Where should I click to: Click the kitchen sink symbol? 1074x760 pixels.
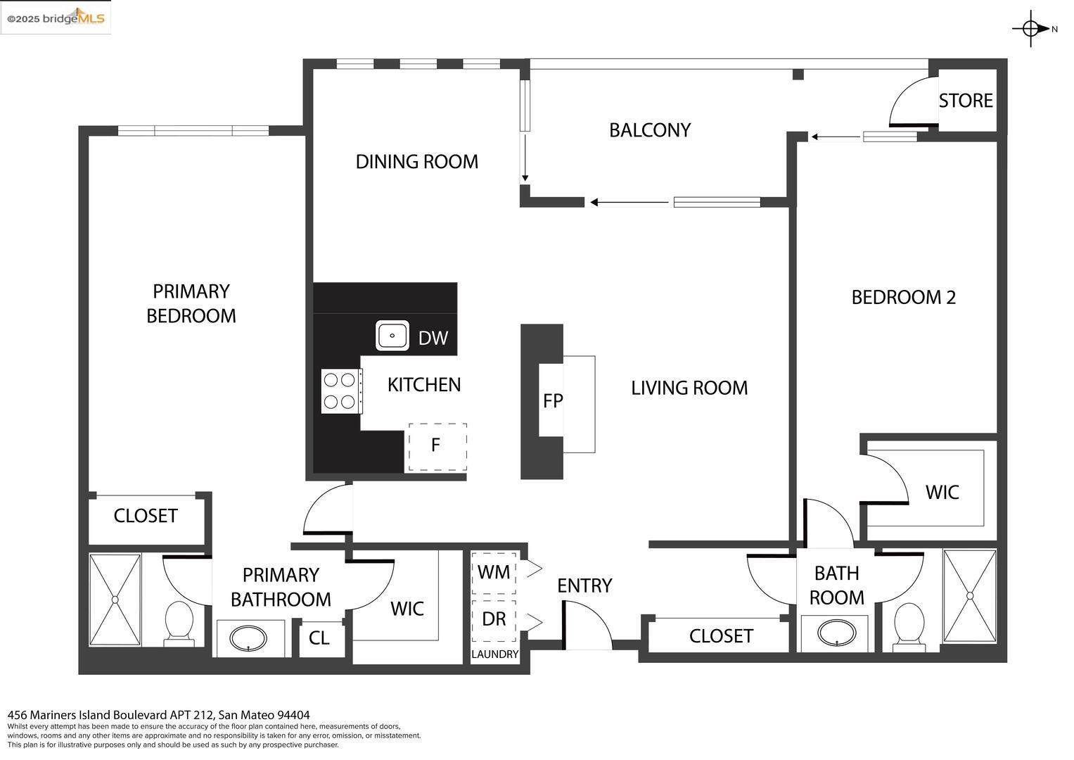pyautogui.click(x=392, y=336)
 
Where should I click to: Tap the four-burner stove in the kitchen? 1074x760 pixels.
pyautogui.click(x=341, y=391)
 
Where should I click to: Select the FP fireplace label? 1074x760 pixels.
pyautogui.click(x=553, y=400)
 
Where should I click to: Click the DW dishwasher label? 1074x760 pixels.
pyautogui.click(x=433, y=338)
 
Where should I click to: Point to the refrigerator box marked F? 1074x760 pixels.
pyautogui.click(x=437, y=447)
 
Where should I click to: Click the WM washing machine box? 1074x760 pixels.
pyautogui.click(x=494, y=573)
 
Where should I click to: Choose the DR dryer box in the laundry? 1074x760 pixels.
pyautogui.click(x=494, y=620)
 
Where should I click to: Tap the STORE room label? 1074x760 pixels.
pyautogui.click(x=966, y=101)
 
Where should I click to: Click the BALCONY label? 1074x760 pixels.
pyautogui.click(x=650, y=130)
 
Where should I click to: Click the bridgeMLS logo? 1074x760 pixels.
pyautogui.click(x=56, y=18)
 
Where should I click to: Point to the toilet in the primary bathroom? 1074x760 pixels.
pyautogui.click(x=179, y=623)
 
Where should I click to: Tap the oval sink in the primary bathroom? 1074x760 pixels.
pyautogui.click(x=248, y=639)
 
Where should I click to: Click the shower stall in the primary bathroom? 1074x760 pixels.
pyautogui.click(x=115, y=600)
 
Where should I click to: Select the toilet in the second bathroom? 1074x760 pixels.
pyautogui.click(x=909, y=626)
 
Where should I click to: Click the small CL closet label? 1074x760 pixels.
pyautogui.click(x=319, y=638)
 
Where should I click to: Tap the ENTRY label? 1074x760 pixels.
pyautogui.click(x=584, y=585)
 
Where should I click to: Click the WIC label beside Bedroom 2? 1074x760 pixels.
pyautogui.click(x=942, y=493)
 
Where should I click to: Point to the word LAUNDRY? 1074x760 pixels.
pyautogui.click(x=495, y=654)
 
